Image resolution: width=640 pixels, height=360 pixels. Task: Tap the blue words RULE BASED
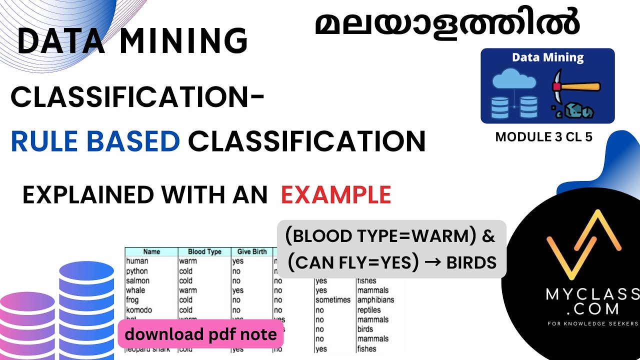point(95,141)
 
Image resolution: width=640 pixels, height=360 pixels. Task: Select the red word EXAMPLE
point(336,194)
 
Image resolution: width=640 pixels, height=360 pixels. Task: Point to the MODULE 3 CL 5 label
point(543,137)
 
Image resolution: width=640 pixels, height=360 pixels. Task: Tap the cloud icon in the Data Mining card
point(514,80)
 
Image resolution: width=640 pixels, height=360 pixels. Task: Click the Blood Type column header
point(204,251)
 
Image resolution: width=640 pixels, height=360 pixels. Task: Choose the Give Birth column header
point(252,251)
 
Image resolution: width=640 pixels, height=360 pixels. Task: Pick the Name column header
point(151,251)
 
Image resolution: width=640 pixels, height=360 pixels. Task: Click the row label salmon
point(137,280)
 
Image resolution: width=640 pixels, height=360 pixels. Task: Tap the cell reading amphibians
point(375,300)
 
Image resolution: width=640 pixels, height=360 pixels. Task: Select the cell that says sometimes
point(333,300)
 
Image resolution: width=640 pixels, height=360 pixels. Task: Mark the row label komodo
point(139,309)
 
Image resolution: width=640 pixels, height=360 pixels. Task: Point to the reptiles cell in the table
point(369,310)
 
